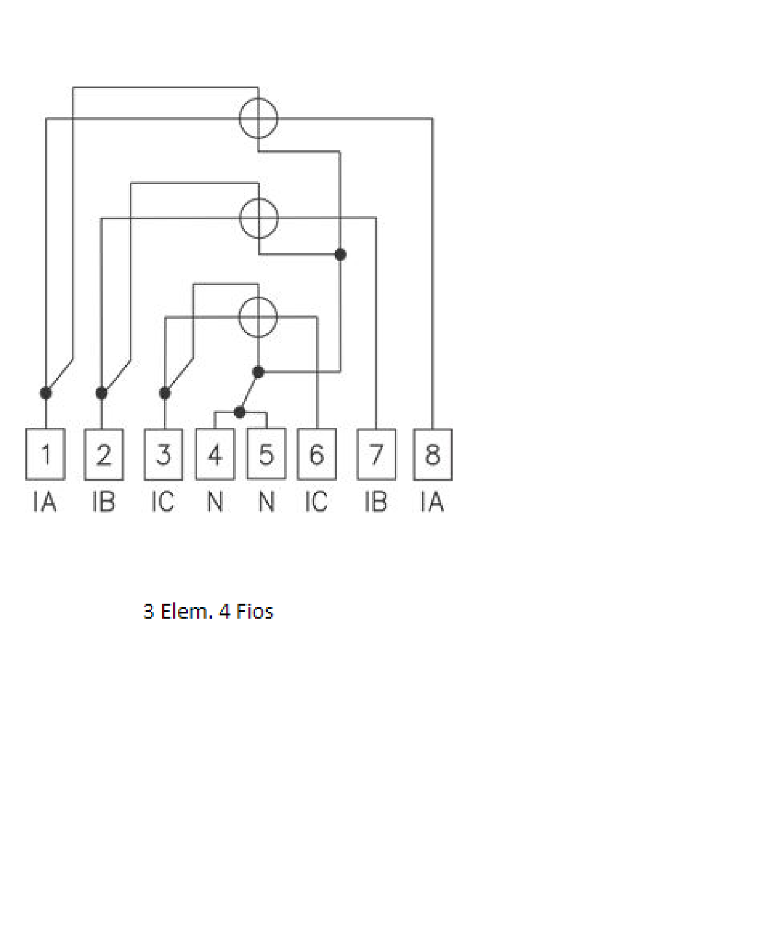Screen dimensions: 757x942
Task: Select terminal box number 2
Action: (x=103, y=454)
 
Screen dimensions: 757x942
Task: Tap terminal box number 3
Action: (x=164, y=454)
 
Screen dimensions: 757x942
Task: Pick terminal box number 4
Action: (x=215, y=454)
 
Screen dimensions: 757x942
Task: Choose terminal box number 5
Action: (x=267, y=454)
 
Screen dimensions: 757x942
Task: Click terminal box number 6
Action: (x=317, y=454)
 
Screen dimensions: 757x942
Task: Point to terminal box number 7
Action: (x=377, y=454)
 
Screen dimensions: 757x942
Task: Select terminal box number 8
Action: (x=432, y=454)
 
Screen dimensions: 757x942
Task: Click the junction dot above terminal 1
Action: (x=46, y=393)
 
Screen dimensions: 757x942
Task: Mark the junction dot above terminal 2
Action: (x=101, y=393)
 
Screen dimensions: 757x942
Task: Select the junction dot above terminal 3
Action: (x=165, y=393)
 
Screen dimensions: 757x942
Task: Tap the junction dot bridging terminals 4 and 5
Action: (x=239, y=412)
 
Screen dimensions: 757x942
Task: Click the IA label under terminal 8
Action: (x=432, y=502)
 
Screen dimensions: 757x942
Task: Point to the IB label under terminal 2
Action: (x=103, y=502)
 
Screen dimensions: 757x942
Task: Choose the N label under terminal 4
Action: (x=215, y=502)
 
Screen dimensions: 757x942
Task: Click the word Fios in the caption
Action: (x=255, y=612)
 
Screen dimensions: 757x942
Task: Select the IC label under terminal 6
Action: (x=316, y=502)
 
